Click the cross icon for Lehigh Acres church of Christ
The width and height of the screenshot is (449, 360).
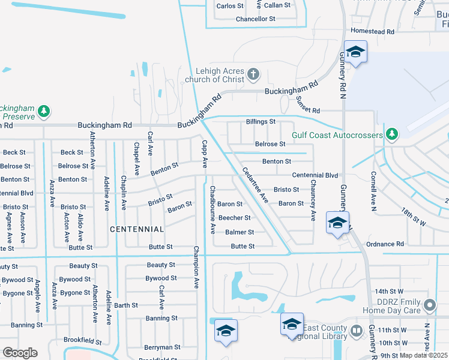(253, 74)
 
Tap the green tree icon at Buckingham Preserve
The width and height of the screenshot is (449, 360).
(44, 111)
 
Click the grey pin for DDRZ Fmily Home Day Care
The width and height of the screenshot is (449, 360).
(429, 306)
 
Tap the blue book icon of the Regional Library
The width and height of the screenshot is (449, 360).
(357, 331)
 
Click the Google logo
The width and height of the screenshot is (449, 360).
(20, 352)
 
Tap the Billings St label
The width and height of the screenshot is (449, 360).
(261, 121)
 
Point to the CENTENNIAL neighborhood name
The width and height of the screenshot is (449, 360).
(137, 229)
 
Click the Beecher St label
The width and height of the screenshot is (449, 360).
(234, 218)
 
